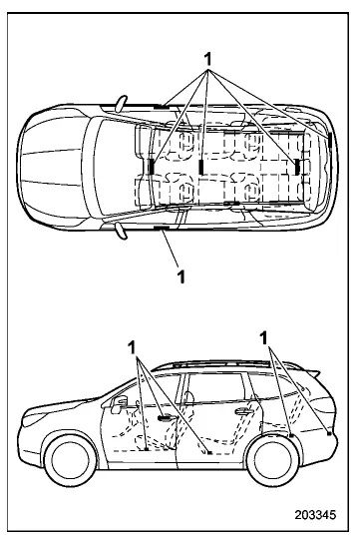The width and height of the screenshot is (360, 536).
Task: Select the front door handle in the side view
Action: [x=163, y=418]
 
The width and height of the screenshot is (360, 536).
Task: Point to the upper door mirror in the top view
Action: [x=122, y=101]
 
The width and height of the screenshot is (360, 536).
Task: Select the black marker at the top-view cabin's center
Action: [x=201, y=165]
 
